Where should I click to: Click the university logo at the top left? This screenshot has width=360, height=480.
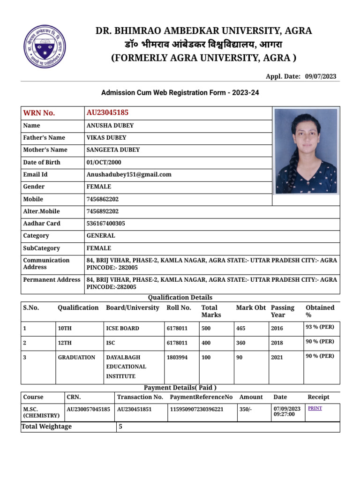tap(46, 45)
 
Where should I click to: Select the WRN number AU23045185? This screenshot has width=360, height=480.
tap(107, 112)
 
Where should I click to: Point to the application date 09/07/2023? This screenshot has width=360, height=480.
tap(321, 76)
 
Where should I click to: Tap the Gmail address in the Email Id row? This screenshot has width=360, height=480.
tap(129, 174)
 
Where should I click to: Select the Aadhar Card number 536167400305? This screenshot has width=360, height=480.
tap(105, 224)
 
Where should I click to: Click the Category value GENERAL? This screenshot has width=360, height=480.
tap(101, 236)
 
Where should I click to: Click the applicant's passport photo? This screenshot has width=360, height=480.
tap(306, 151)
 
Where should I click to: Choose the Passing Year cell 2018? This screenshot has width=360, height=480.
tap(277, 343)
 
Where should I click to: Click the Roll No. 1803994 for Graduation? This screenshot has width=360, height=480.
tap(177, 357)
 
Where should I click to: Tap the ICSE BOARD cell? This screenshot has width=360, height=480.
tap(122, 329)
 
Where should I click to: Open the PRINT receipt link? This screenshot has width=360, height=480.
tap(315, 408)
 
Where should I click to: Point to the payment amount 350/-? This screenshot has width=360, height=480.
tap(245, 409)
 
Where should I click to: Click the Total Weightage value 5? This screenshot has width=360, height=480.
tap(120, 427)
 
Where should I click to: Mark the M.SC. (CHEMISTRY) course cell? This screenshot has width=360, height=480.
tap(41, 412)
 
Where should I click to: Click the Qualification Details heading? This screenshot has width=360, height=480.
tap(180, 298)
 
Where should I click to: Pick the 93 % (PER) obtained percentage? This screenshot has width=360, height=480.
tap(320, 328)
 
